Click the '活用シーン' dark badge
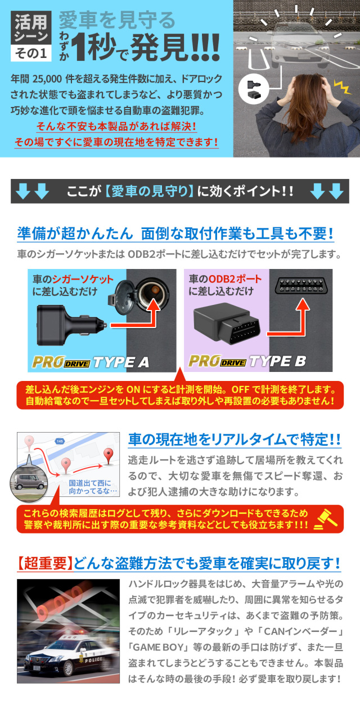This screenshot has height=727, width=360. click(x=31, y=27)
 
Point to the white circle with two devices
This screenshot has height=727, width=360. click(x=254, y=88)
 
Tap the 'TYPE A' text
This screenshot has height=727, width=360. click(x=121, y=362)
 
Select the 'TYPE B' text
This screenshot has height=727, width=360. click(x=278, y=361)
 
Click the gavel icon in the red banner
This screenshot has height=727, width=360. click(x=326, y=519)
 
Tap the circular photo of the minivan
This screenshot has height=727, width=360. click(x=29, y=482)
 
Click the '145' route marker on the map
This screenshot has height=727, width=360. click(x=60, y=441)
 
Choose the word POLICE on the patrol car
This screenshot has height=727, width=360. click(x=94, y=659)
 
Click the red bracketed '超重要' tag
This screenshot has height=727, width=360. click(x=45, y=563)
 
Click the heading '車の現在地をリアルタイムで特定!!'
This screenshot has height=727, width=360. click(x=235, y=439)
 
